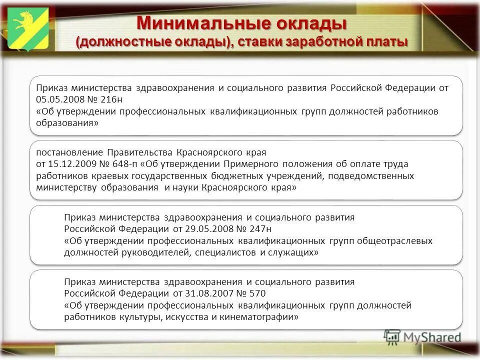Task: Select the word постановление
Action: (69, 152)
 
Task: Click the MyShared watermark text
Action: (431, 337)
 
